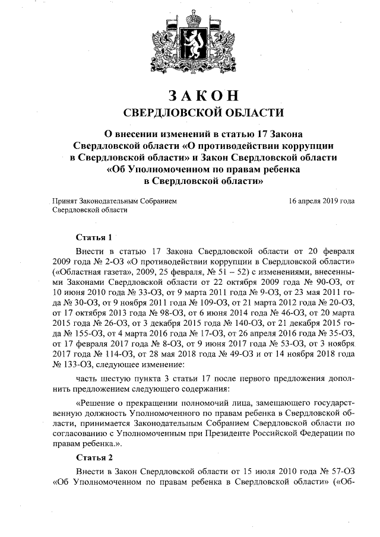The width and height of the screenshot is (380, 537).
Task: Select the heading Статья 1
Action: [94, 237]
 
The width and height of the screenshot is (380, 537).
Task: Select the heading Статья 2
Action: [94, 457]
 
